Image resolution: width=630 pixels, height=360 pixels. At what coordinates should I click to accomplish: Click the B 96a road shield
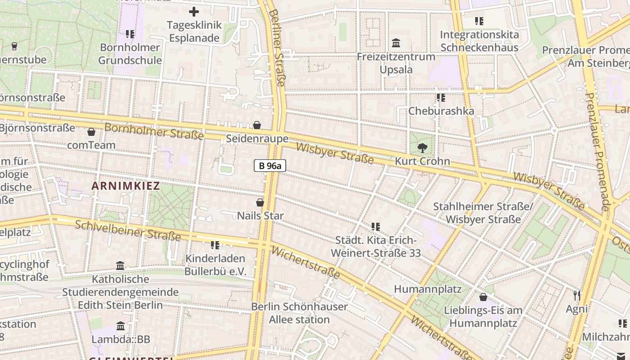tap(270, 166)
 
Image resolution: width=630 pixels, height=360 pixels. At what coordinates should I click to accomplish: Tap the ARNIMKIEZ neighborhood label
tap(126, 186)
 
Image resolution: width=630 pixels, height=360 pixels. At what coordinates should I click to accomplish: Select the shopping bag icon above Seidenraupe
tap(257, 125)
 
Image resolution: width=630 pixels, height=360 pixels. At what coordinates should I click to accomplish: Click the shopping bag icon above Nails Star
tap(260, 202)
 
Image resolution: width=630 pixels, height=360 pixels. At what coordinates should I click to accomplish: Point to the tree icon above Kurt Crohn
tap(422, 148)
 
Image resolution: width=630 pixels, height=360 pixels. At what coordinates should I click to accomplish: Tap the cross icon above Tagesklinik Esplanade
tap(194, 12)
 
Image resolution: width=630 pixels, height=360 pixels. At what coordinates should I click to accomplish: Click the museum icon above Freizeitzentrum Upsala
tap(396, 43)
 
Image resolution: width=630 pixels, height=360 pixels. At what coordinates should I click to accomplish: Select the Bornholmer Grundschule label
tap(130, 54)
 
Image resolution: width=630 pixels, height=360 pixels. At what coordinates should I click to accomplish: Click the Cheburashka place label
tap(441, 111)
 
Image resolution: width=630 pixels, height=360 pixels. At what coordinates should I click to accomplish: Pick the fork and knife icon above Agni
tap(577, 296)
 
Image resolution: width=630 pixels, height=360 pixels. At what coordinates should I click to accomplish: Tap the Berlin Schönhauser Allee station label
tap(299, 313)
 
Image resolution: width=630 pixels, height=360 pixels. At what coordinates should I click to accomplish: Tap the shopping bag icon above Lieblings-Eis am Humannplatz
tap(483, 297)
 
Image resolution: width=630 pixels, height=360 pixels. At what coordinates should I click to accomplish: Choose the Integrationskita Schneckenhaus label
tap(479, 41)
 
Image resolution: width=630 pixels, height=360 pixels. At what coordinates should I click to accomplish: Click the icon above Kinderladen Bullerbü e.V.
tap(215, 245)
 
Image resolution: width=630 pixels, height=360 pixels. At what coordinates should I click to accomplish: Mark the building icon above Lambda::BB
tap(121, 326)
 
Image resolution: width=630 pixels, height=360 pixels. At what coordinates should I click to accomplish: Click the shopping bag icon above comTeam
tap(91, 132)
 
